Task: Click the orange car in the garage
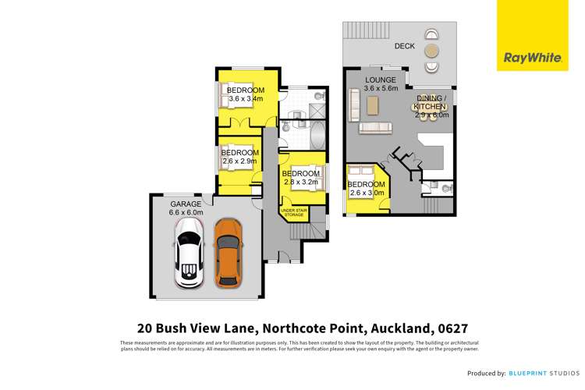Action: (227, 253)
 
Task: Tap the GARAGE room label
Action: (186, 204)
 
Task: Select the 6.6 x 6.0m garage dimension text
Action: (186, 212)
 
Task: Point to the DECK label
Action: (404, 47)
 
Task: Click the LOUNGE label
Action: (381, 80)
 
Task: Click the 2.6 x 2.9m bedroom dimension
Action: (239, 161)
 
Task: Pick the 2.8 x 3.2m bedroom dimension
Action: (300, 182)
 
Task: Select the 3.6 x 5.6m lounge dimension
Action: (381, 88)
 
